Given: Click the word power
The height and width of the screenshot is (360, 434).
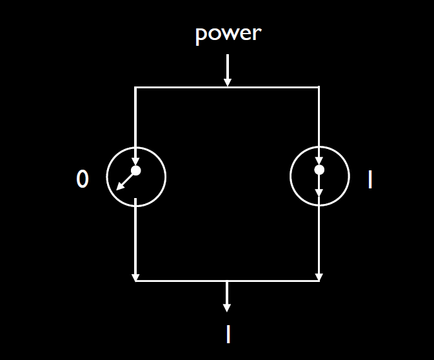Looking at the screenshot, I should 228,34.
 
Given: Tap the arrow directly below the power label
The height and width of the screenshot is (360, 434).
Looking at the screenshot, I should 227,71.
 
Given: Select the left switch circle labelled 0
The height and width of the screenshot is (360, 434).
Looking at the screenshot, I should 136,177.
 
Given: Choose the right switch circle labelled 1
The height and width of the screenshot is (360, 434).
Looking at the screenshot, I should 319,177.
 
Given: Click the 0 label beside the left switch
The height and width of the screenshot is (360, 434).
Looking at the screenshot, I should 82,180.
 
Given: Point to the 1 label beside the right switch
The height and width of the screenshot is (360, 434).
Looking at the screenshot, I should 370,180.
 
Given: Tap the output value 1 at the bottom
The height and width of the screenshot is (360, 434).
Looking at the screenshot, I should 228,334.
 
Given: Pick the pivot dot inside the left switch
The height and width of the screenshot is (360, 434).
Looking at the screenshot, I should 136,170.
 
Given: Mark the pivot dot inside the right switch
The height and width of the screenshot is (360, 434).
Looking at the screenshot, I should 319,170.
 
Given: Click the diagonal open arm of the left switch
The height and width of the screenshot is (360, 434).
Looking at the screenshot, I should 126,181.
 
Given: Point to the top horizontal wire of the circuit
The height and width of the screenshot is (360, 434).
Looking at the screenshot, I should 181,87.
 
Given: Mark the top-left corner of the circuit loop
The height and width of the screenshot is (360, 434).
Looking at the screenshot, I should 135,87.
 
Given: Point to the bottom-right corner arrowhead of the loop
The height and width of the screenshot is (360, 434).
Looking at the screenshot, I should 319,277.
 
